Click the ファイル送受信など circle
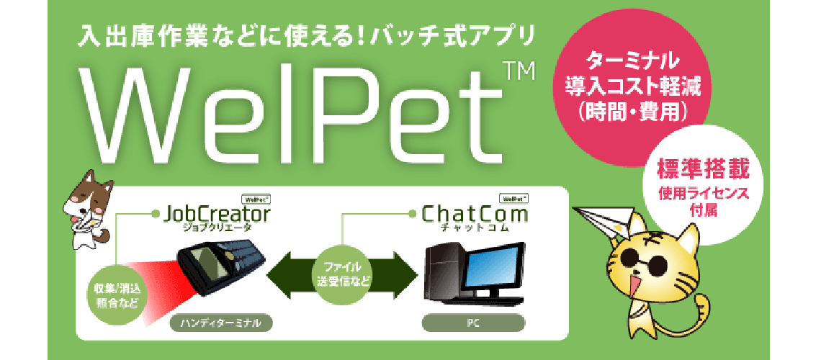(x=342, y=273)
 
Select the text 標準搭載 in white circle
(x=703, y=171)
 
